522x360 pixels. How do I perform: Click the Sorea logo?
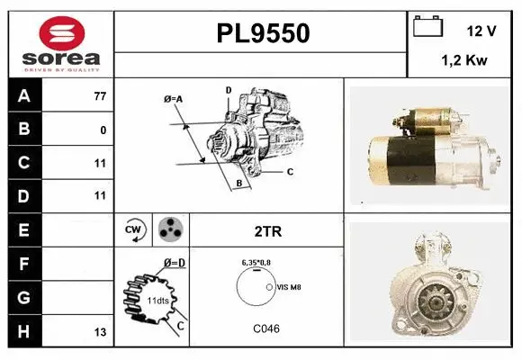(60, 42)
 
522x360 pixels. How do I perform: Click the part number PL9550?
(263, 33)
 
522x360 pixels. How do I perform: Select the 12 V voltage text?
(481, 31)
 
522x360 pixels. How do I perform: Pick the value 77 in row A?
(100, 96)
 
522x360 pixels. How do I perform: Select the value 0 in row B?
(103, 130)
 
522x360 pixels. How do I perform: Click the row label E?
(23, 229)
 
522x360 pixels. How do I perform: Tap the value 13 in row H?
(100, 332)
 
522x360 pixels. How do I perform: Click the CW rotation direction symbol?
(134, 230)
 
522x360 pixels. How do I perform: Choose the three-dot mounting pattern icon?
(169, 230)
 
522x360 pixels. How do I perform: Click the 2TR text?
(268, 231)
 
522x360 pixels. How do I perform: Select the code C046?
(265, 328)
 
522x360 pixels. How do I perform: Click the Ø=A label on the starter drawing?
(173, 98)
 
